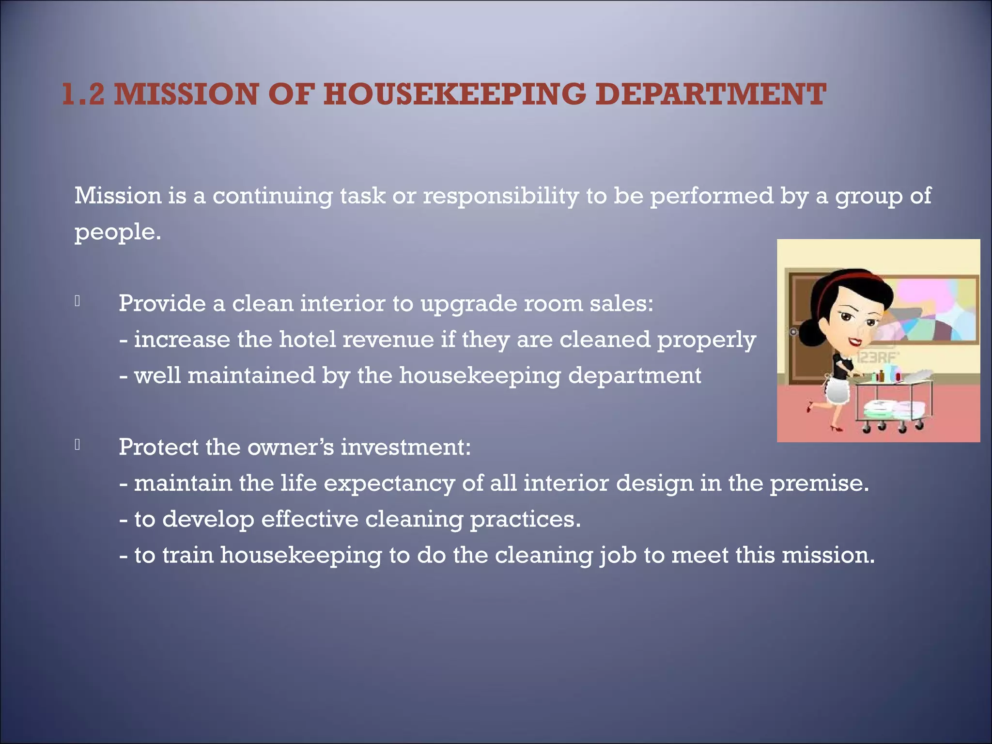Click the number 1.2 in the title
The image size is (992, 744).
(83, 94)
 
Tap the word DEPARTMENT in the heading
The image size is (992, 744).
(710, 94)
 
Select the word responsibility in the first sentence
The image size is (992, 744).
(501, 196)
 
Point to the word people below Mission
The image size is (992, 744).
(117, 232)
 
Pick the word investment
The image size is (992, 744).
(405, 447)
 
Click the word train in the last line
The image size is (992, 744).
(187, 555)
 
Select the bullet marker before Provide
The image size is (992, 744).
(77, 301)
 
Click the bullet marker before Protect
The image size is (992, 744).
(77, 445)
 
